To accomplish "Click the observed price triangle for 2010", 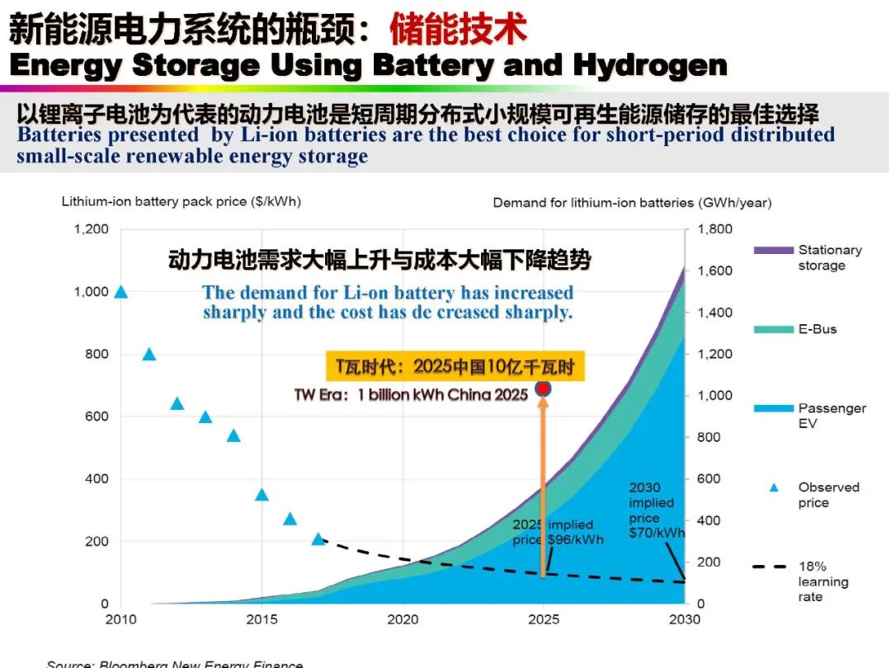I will point(121,292).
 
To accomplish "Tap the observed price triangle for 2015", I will point(262,495).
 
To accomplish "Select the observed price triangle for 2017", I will point(318,539).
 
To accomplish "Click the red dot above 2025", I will point(543,388).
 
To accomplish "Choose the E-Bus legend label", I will point(817,329).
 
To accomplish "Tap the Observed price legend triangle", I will point(774,487).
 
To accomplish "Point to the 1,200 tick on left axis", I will point(91,229).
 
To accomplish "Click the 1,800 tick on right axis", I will point(714,229).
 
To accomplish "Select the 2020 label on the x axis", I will point(403,620).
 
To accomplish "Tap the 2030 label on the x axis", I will point(684,620).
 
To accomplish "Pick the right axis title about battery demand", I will point(632,202).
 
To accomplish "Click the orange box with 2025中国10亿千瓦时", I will point(455,365).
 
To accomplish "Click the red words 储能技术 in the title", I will point(458,31).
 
